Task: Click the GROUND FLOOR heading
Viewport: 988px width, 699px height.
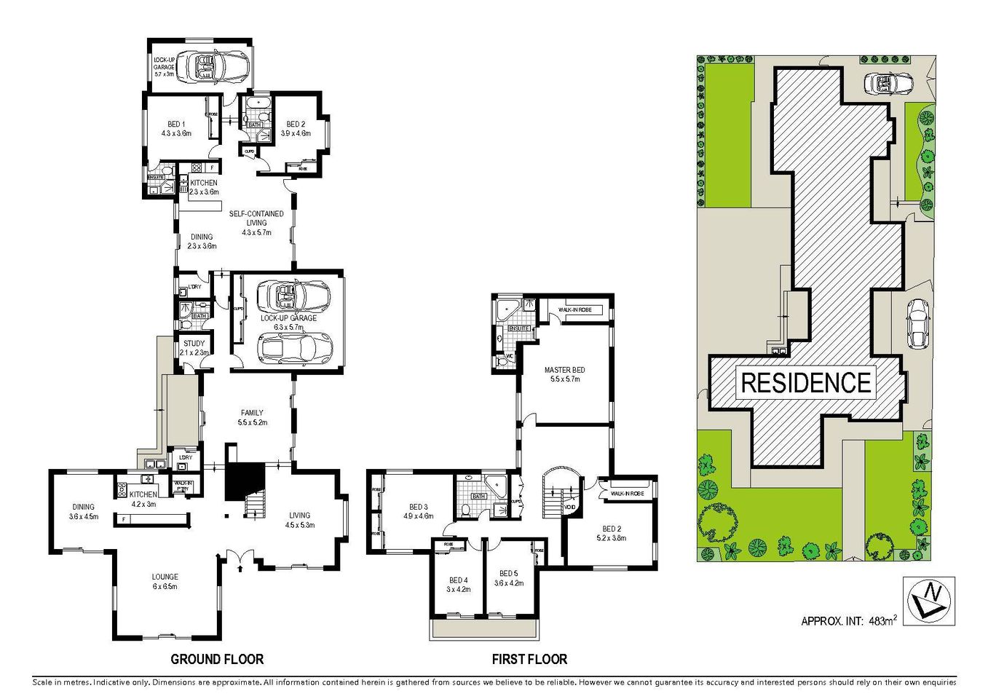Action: pos(216,659)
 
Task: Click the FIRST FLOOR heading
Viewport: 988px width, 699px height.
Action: pos(529,659)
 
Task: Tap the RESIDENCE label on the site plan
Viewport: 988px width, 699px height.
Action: pos(806,382)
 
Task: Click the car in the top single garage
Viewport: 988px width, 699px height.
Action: pos(217,66)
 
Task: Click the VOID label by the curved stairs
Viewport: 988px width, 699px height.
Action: pos(570,508)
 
